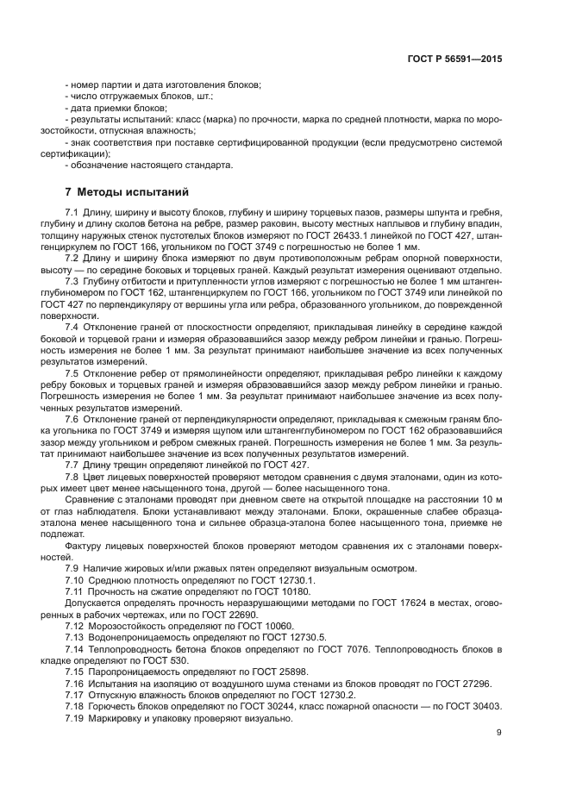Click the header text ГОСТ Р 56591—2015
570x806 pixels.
tap(458, 59)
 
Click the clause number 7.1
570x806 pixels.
tap(72, 212)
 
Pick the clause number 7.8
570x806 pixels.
tap(72, 477)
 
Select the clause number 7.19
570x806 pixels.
tap(75, 719)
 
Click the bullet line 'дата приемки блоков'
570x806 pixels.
tap(115, 109)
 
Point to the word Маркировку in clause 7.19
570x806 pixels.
tap(113, 719)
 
